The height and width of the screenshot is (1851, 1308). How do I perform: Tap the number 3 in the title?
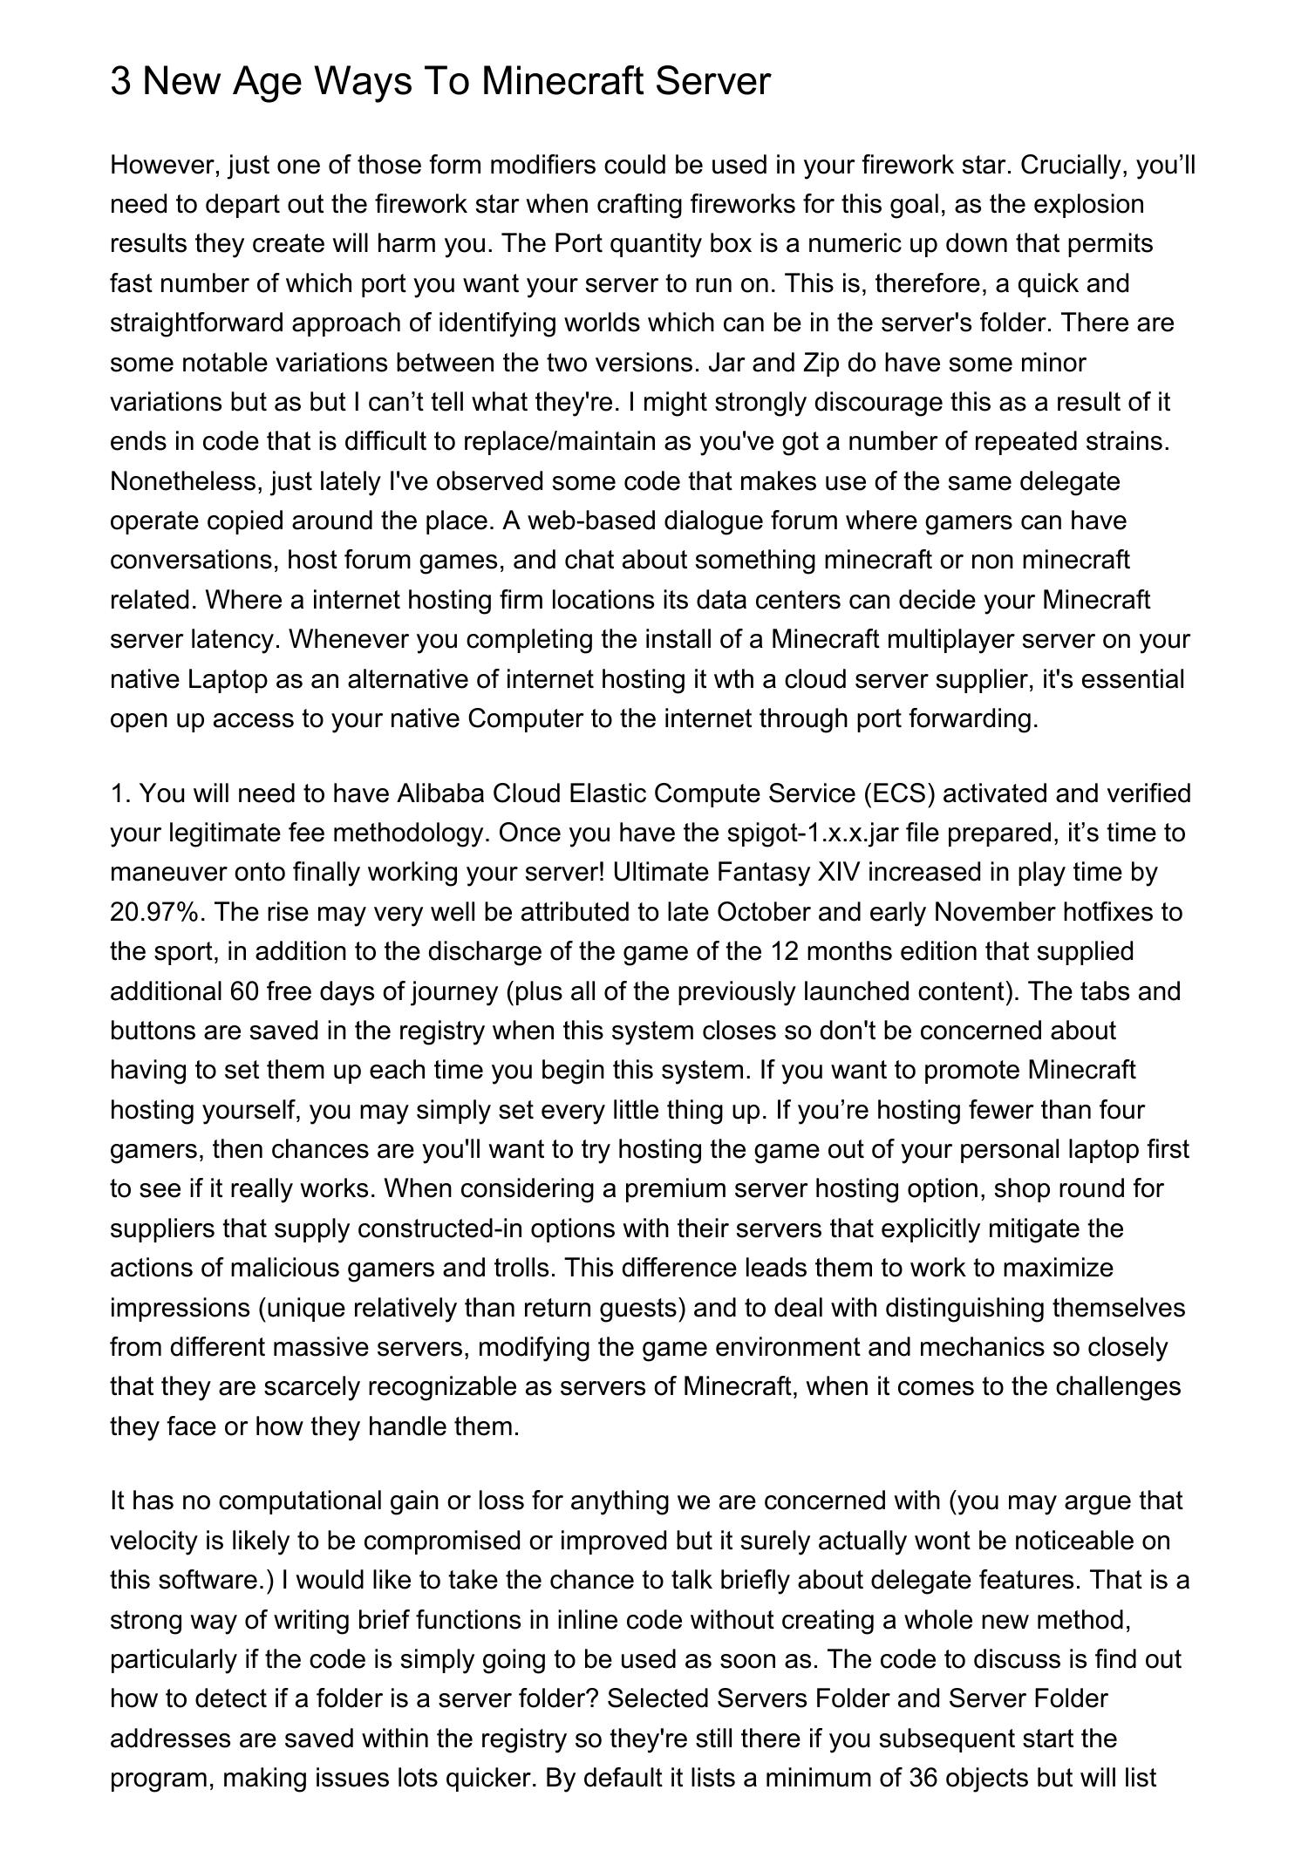[120, 81]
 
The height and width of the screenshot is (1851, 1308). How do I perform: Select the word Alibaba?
[441, 793]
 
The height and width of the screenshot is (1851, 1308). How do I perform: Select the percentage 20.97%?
[157, 912]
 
